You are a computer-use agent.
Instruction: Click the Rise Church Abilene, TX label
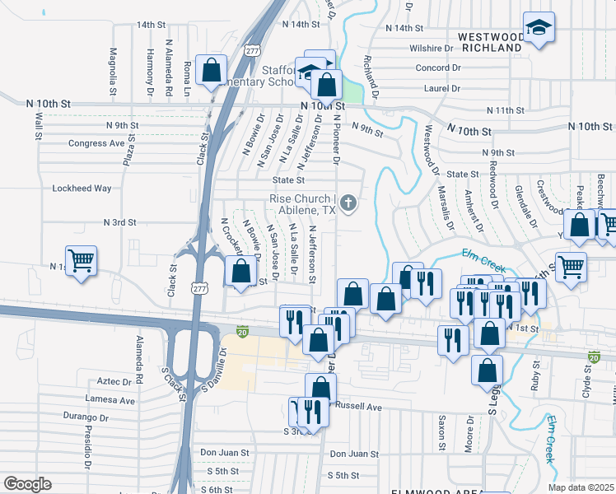[302, 204]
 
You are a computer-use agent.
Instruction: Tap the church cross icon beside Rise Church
[348, 203]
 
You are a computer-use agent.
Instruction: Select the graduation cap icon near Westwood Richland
[539, 29]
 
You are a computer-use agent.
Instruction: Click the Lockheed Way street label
[82, 189]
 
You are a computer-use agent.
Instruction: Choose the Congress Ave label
[96, 143]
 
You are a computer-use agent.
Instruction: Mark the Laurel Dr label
[441, 86]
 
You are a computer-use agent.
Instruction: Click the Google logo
[27, 484]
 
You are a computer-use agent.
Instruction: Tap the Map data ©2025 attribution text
[581, 487]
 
